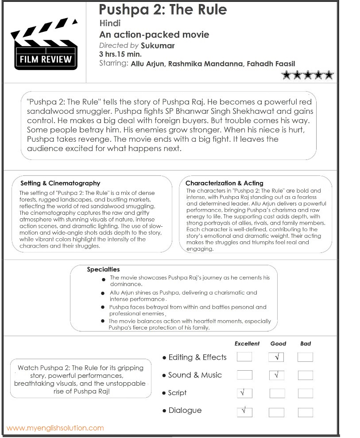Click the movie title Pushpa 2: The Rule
[x=163, y=9]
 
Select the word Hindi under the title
[x=110, y=23]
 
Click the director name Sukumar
[x=158, y=46]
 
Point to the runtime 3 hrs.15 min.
[x=120, y=54]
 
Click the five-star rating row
[x=307, y=75]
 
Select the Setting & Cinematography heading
[x=60, y=183]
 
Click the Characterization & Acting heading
[x=224, y=183]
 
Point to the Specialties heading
[x=103, y=269]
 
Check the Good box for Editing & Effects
[x=277, y=357]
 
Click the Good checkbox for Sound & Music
[x=277, y=375]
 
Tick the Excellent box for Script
[x=244, y=393]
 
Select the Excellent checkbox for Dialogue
[x=244, y=411]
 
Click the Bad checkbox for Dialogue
[x=306, y=412]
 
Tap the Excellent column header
[x=247, y=343]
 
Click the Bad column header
[x=306, y=343]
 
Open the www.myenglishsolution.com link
[x=55, y=428]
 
